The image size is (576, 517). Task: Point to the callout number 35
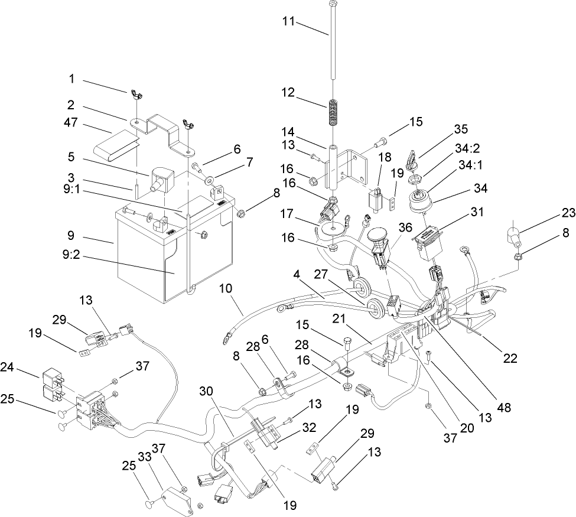tap(461, 129)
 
